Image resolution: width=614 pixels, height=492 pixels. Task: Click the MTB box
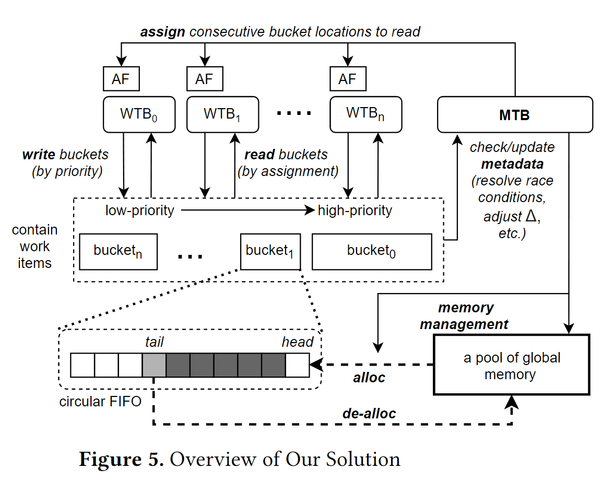515,114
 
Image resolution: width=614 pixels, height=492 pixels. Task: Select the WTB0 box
139,114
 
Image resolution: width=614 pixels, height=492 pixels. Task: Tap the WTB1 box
222,114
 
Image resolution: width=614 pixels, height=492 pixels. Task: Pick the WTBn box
366,114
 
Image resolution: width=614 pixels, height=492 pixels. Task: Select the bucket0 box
372,251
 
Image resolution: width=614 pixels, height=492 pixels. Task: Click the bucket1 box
270,251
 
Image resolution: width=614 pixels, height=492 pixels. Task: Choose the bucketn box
118,251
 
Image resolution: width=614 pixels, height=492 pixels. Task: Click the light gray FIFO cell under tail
154,365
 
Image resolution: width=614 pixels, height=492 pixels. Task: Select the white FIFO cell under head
297,365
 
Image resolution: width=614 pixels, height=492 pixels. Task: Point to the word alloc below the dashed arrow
369,378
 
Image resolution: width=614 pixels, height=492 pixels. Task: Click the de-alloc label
369,414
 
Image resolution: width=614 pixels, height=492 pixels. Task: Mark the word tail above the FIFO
154,342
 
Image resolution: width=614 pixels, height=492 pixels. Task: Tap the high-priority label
355,210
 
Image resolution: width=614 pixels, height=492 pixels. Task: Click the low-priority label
140,210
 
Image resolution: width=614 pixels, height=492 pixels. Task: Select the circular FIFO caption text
100,402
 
